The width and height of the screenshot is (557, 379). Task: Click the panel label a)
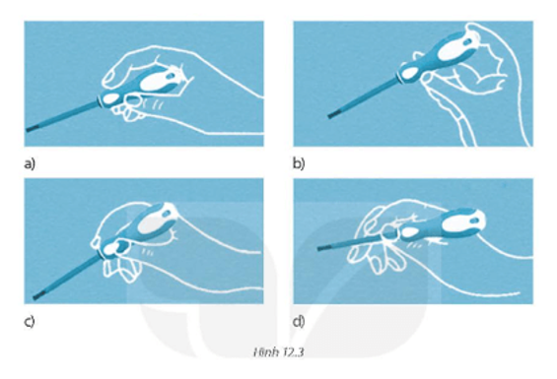tap(30, 164)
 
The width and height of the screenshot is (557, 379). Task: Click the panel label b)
tap(299, 163)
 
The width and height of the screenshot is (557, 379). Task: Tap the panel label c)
tap(30, 322)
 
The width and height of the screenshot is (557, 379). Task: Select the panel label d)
tap(299, 321)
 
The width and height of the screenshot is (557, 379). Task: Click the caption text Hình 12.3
tap(278, 352)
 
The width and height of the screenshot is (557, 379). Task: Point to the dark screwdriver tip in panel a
tap(32, 128)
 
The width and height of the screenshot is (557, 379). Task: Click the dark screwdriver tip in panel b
tap(334, 114)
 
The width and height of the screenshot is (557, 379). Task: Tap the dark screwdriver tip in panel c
tap(39, 294)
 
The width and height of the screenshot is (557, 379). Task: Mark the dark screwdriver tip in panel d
tap(323, 248)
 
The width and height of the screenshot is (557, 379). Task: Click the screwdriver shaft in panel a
tap(62, 117)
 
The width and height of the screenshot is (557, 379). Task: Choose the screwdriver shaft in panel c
tap(66, 276)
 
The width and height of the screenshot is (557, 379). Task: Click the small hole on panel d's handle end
tap(474, 221)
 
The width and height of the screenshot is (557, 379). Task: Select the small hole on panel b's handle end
tap(467, 42)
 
